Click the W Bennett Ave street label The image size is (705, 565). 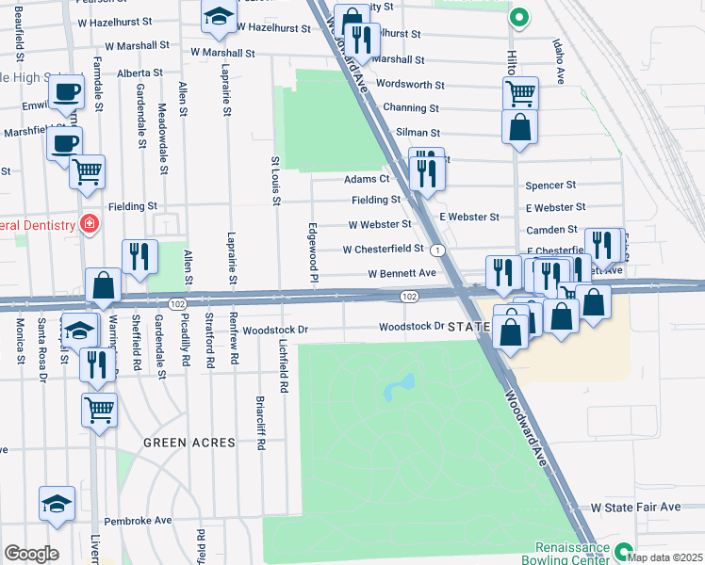(x=401, y=273)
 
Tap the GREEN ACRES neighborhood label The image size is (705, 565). (x=178, y=442)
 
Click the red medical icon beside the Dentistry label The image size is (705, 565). (x=90, y=224)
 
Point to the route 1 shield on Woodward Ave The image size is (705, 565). (x=438, y=250)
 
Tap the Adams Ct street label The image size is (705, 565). (x=367, y=178)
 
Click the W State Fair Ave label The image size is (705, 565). (x=635, y=507)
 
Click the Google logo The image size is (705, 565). (x=30, y=553)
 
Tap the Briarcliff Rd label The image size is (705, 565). (x=260, y=426)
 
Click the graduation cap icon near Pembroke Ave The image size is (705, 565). (x=57, y=504)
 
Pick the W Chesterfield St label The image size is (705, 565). (x=385, y=250)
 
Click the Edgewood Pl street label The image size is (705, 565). (x=311, y=250)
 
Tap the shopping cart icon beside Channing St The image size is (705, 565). (x=519, y=92)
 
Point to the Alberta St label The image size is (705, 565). (x=140, y=73)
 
